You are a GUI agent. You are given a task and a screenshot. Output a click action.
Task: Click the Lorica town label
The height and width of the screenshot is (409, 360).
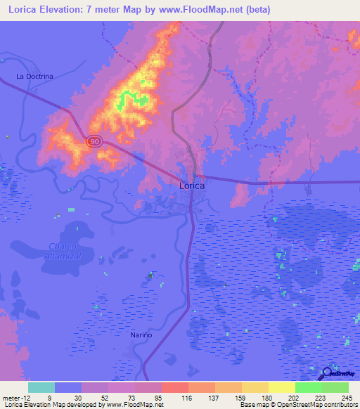(191, 186)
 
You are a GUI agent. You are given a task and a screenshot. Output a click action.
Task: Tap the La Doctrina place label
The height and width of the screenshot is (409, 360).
(35, 75)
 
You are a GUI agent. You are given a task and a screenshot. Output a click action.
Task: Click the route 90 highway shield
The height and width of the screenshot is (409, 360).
(94, 141)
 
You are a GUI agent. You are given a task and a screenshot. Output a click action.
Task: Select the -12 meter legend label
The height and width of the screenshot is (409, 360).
(15, 397)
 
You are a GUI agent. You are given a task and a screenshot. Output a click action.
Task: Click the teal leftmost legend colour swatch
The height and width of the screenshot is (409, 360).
(41, 387)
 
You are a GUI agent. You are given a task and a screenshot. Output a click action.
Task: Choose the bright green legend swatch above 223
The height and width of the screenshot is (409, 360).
(308, 387)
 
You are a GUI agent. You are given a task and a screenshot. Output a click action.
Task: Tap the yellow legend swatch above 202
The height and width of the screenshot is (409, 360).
(281, 387)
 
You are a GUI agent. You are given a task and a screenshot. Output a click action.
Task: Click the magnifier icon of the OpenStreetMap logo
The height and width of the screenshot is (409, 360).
(326, 374)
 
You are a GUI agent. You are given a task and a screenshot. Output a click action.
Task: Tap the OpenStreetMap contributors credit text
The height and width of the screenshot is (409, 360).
(319, 405)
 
